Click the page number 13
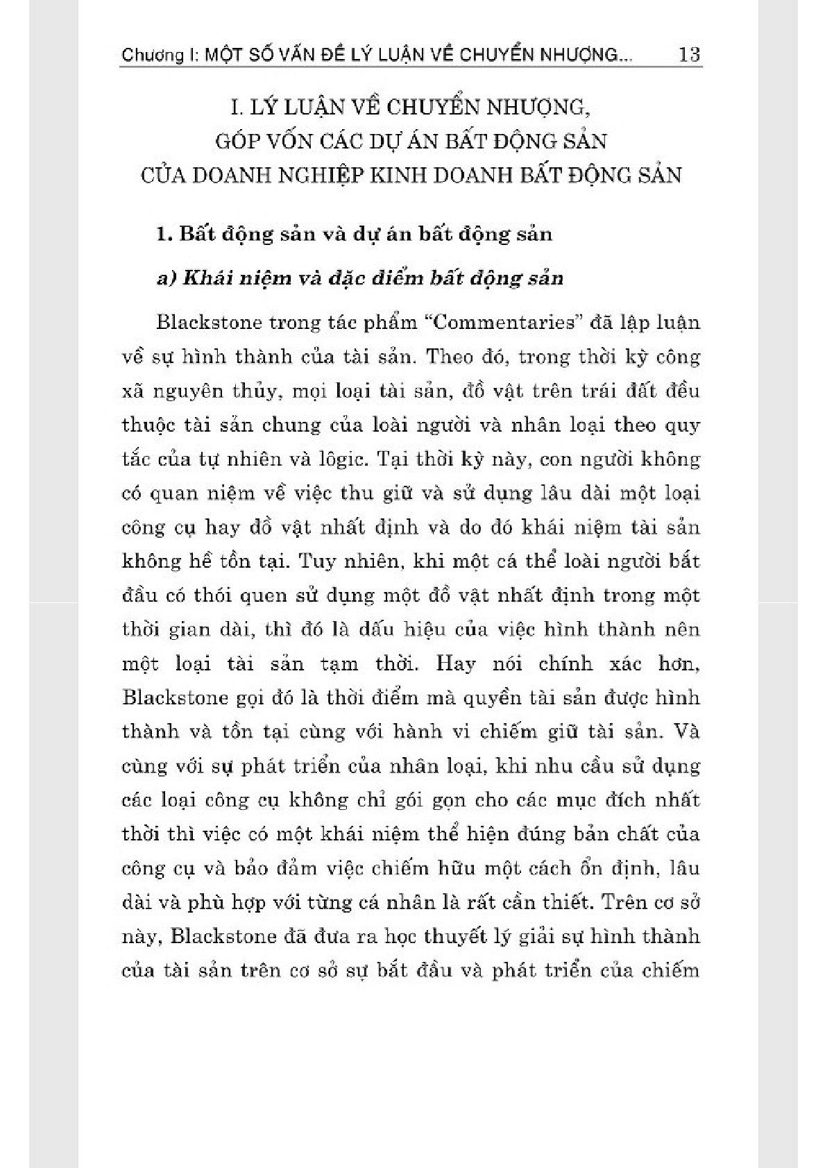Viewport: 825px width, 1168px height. [x=689, y=54]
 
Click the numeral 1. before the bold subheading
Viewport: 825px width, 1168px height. [x=164, y=234]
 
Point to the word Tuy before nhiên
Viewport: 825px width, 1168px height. [x=316, y=561]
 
